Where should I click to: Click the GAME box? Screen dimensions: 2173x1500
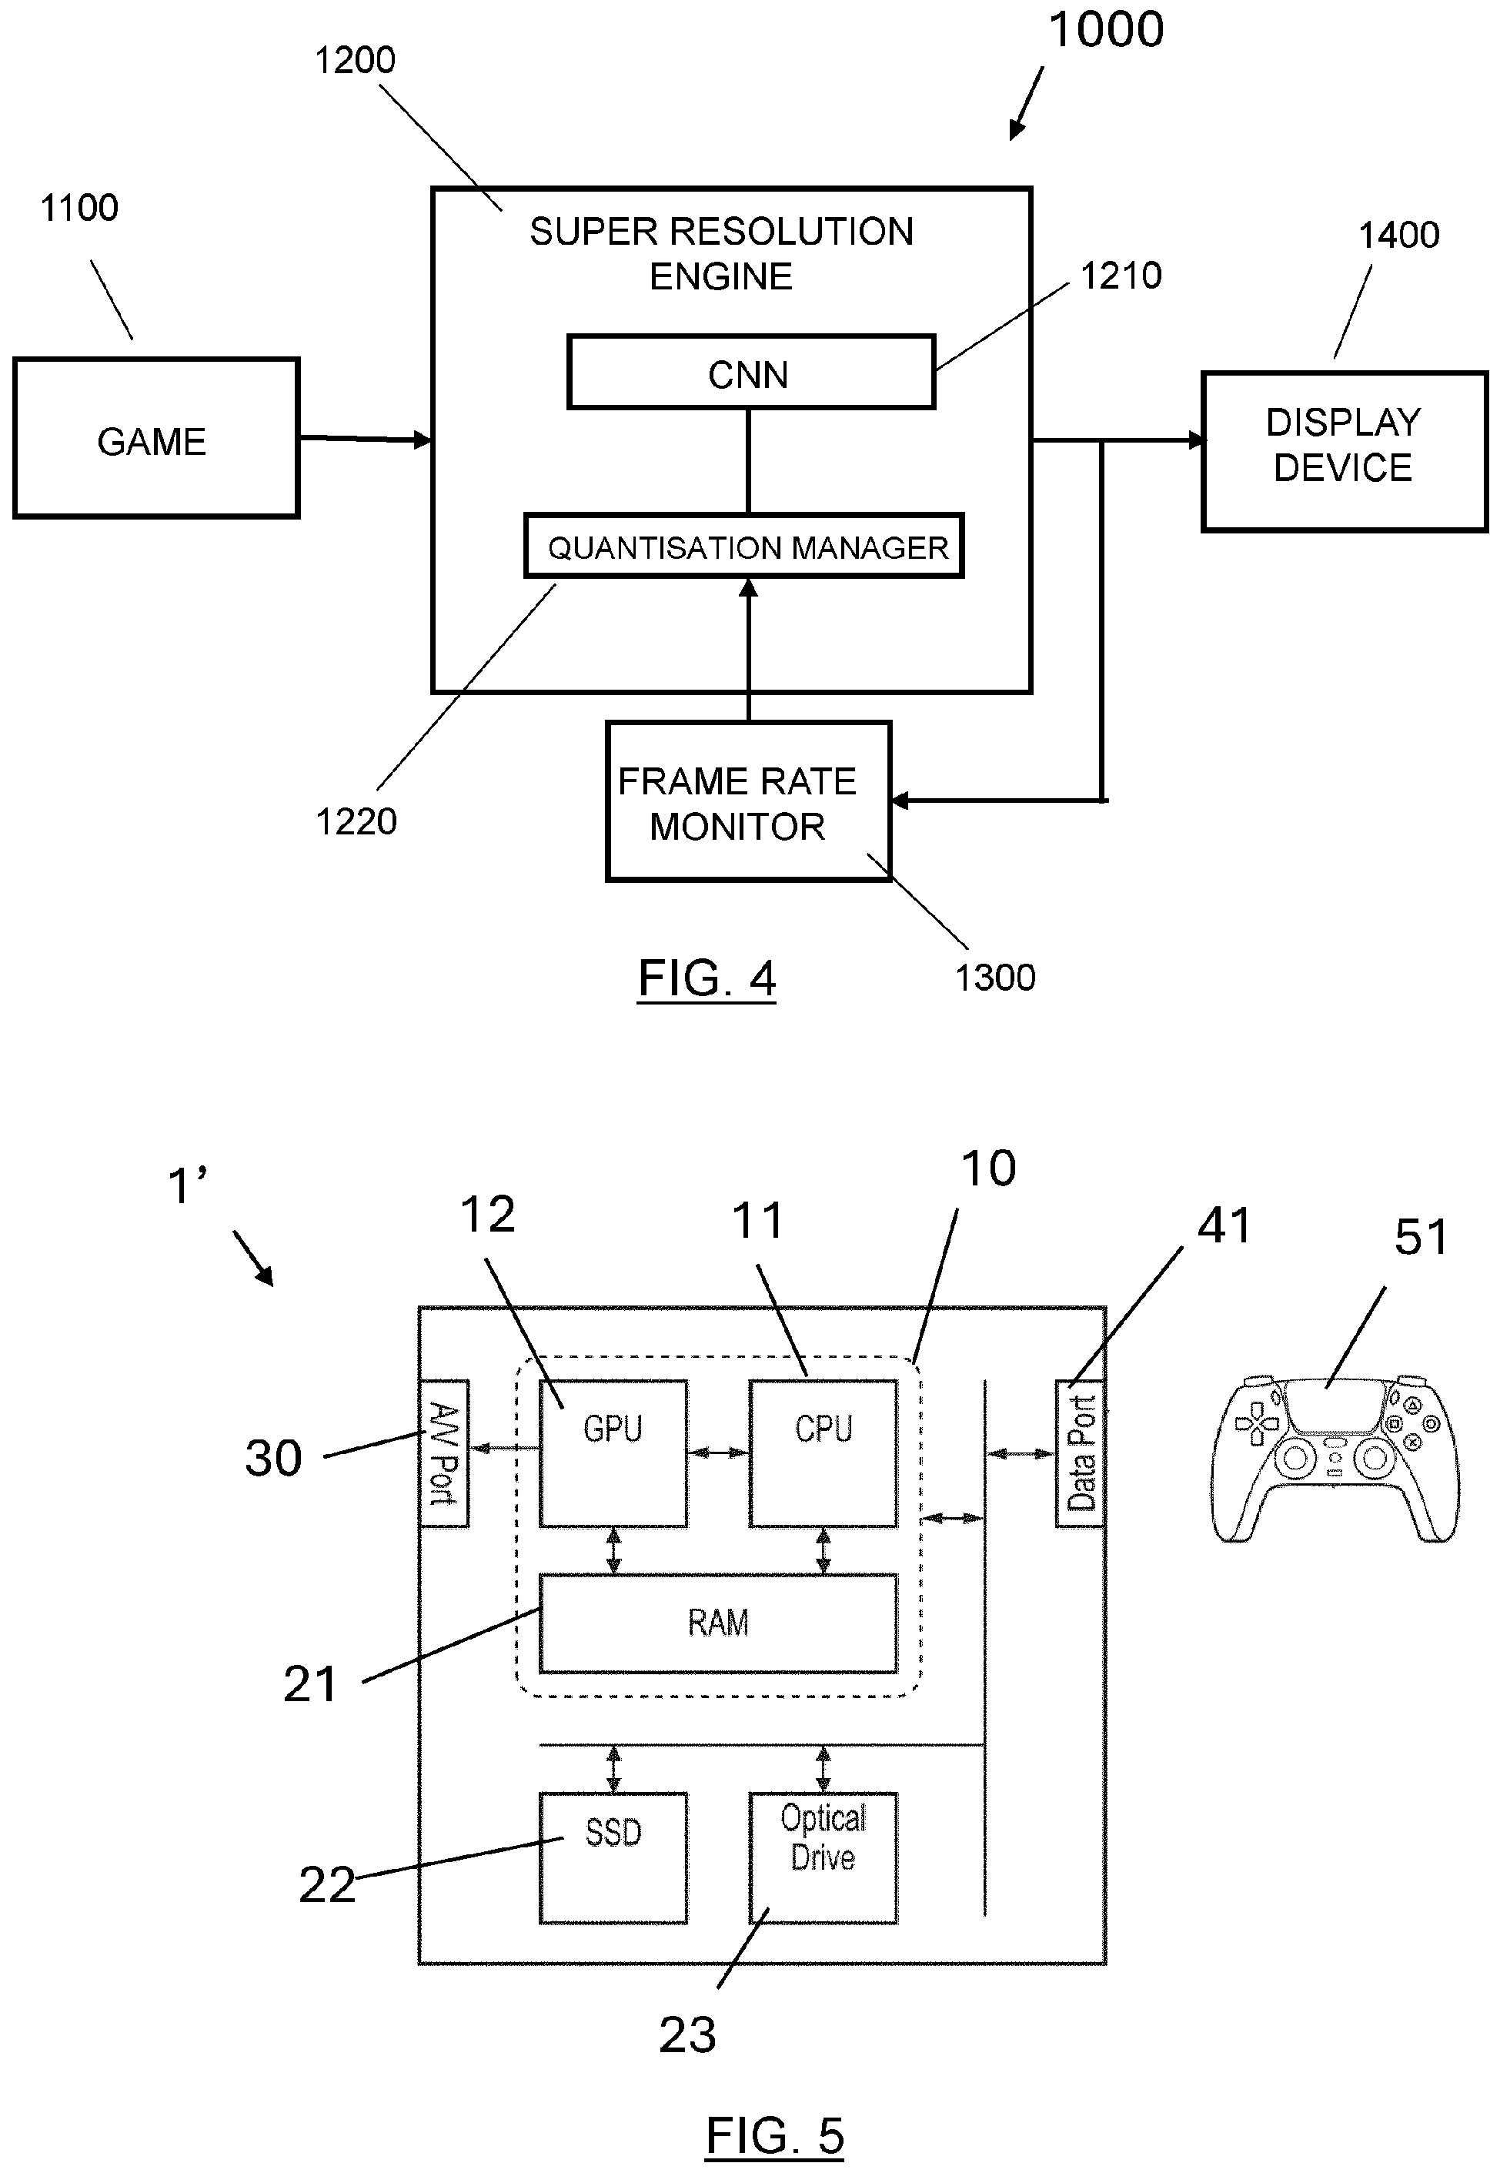pyautogui.click(x=156, y=438)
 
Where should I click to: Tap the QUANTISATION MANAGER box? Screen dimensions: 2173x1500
pyautogui.click(x=744, y=546)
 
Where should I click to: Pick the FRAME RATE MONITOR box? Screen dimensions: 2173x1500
pyautogui.click(x=748, y=802)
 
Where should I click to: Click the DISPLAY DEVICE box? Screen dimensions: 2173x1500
pyautogui.click(x=1344, y=452)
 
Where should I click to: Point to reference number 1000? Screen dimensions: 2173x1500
pyautogui.click(x=1105, y=30)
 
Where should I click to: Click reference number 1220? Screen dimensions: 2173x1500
pyautogui.click(x=356, y=821)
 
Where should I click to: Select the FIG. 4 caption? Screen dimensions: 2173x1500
pyautogui.click(x=707, y=978)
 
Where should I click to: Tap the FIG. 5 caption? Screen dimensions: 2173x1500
pyautogui.click(x=774, y=2135)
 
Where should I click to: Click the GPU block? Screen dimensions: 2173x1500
pyautogui.click(x=613, y=1453)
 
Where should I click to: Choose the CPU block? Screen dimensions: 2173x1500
pyautogui.click(x=823, y=1453)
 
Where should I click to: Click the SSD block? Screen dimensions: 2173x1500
pyautogui.click(x=613, y=1858)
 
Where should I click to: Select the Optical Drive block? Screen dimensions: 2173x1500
pyautogui.click(x=823, y=1858)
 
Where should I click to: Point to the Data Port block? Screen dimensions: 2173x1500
pyautogui.click(x=1080, y=1453)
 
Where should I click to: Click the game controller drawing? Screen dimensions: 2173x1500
pyautogui.click(x=1335, y=1463)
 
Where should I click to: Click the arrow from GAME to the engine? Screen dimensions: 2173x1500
pyautogui.click(x=365, y=439)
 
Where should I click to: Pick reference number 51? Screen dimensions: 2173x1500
pyautogui.click(x=1421, y=1237)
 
